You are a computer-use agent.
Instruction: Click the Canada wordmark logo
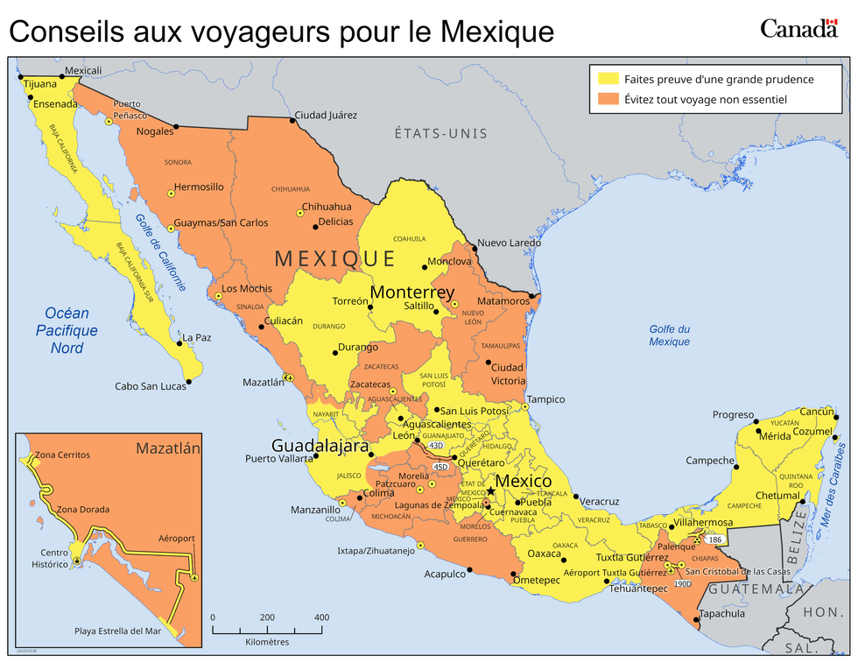click(x=798, y=29)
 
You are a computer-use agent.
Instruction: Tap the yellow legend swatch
click(x=608, y=79)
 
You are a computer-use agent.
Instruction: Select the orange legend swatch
click(x=608, y=100)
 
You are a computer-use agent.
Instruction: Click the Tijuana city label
click(x=40, y=84)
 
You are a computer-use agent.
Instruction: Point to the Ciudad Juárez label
click(x=326, y=115)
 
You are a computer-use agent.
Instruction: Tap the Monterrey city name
click(x=412, y=293)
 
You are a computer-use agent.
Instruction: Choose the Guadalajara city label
click(x=320, y=445)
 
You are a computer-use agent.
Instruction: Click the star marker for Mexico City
click(x=491, y=491)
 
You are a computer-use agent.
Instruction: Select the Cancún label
click(x=816, y=412)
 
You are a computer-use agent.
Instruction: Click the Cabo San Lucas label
click(x=150, y=386)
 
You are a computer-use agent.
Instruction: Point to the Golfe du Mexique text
click(x=670, y=335)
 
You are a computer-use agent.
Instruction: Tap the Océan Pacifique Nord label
click(x=67, y=331)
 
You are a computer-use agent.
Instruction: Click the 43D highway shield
click(x=436, y=446)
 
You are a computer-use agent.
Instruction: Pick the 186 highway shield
click(x=715, y=540)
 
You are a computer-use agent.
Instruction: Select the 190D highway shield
click(x=684, y=583)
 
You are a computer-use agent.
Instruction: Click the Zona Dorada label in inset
click(x=83, y=509)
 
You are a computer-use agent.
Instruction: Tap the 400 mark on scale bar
click(x=321, y=617)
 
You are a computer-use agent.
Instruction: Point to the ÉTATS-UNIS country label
click(x=440, y=133)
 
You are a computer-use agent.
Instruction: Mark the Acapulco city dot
click(x=470, y=570)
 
